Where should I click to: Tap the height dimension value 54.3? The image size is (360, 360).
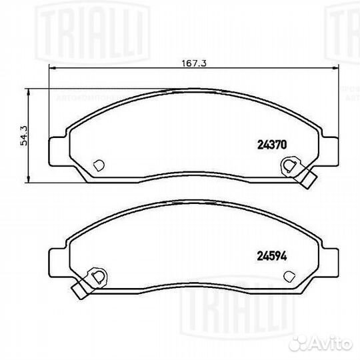24,137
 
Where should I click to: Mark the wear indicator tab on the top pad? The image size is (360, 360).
308,179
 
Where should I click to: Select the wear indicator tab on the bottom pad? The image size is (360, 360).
79,291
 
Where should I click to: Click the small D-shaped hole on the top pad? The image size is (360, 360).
98,164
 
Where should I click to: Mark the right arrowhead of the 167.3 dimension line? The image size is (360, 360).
335,69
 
